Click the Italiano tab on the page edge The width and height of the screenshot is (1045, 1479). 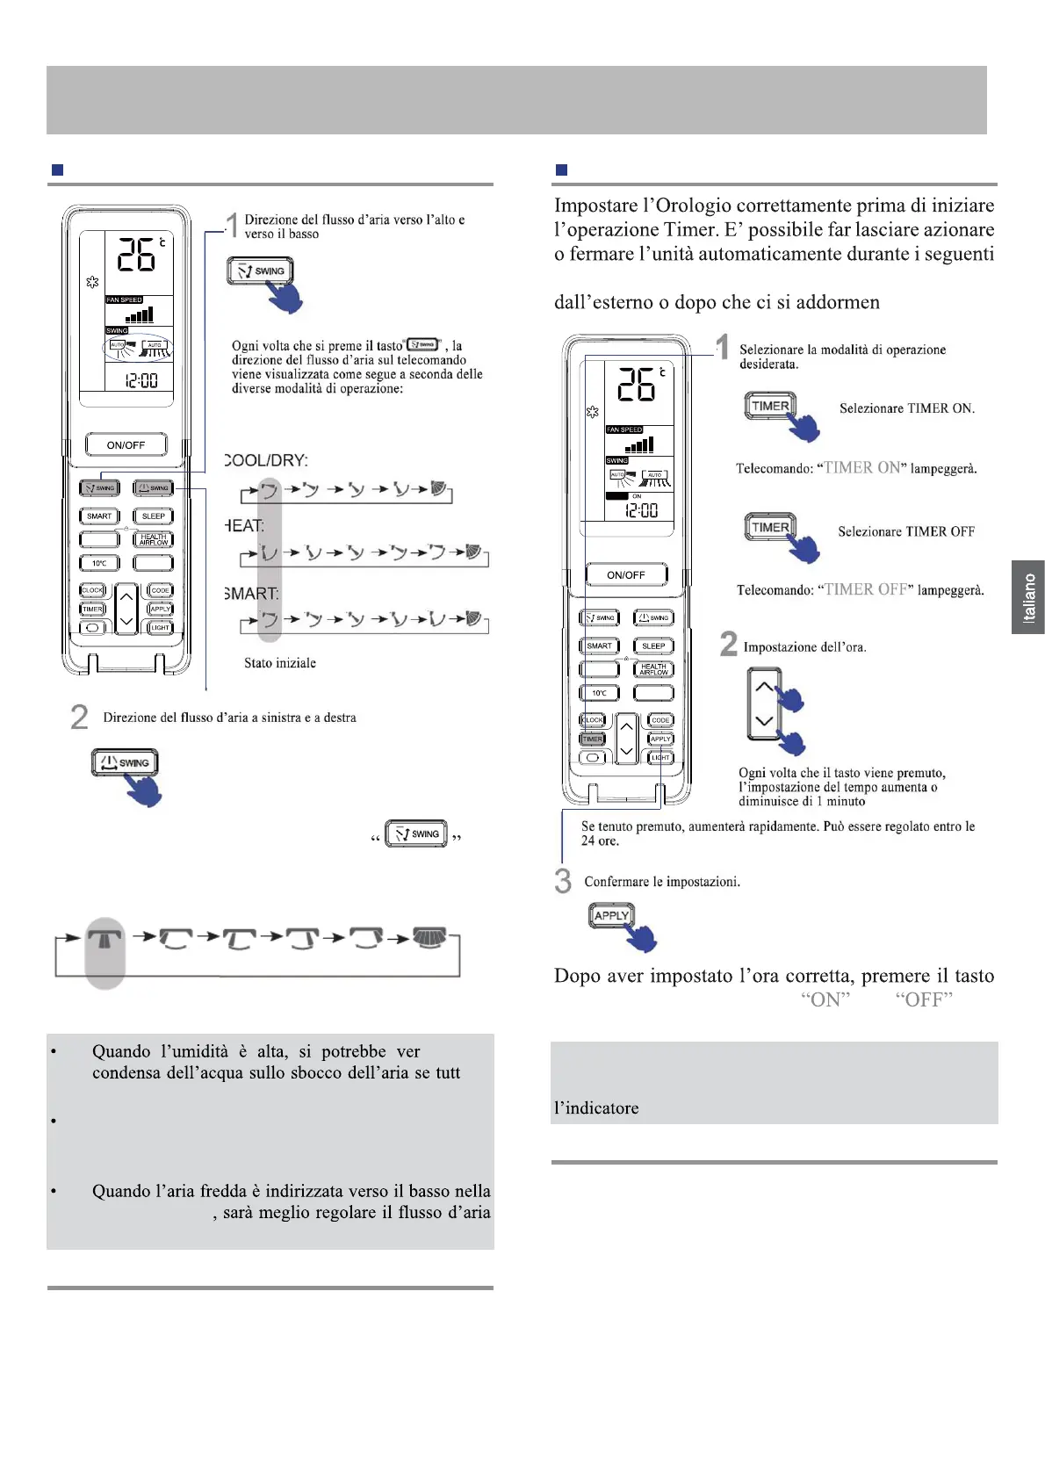pyautogui.click(x=1028, y=597)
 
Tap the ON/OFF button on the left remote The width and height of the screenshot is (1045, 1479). pyautogui.click(x=126, y=445)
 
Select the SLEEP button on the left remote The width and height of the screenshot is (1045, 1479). pyautogui.click(x=153, y=516)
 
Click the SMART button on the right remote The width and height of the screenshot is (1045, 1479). pyautogui.click(x=599, y=646)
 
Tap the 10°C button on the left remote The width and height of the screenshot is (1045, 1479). pyautogui.click(x=99, y=563)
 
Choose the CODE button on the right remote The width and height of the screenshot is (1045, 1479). pyautogui.click(x=660, y=720)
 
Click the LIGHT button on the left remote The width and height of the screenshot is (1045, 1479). pyautogui.click(x=160, y=628)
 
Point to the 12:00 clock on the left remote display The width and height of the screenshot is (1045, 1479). pyautogui.click(x=141, y=380)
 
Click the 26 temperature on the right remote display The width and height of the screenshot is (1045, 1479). pyautogui.click(x=635, y=385)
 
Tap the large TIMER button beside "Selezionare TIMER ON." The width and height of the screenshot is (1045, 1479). pyautogui.click(x=770, y=407)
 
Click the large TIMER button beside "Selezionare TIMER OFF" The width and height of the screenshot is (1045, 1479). pyautogui.click(x=770, y=527)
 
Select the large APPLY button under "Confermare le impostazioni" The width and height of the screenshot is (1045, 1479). pyautogui.click(x=611, y=915)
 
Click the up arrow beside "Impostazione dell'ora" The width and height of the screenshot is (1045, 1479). pyautogui.click(x=764, y=687)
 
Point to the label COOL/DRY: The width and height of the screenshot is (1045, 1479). pyautogui.click(x=266, y=460)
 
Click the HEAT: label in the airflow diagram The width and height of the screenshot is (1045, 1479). pyautogui.click(x=243, y=526)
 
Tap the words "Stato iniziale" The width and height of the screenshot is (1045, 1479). pyautogui.click(x=280, y=663)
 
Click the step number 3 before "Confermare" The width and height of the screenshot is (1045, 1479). pyautogui.click(x=563, y=881)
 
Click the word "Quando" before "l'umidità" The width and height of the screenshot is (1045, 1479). pyautogui.click(x=121, y=1051)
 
